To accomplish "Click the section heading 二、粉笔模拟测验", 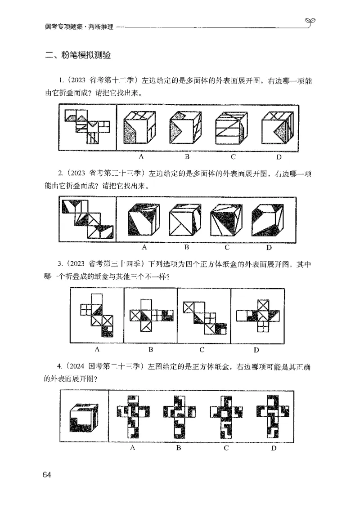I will point(78,56).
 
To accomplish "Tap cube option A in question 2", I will point(144,220).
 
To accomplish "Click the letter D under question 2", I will point(269,248).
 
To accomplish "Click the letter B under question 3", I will point(151,349).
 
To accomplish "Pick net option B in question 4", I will point(179,416).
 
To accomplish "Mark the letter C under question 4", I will point(226,448).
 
